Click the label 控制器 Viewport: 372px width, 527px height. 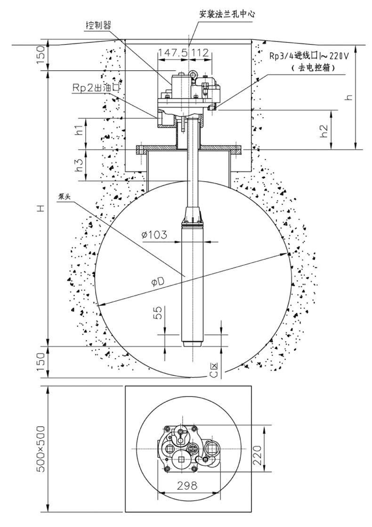pyautogui.click(x=98, y=25)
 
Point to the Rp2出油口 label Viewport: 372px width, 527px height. pyautogui.click(x=96, y=88)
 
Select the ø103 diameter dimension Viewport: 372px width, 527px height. pyautogui.click(x=154, y=235)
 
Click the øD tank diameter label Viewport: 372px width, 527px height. pyautogui.click(x=157, y=283)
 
